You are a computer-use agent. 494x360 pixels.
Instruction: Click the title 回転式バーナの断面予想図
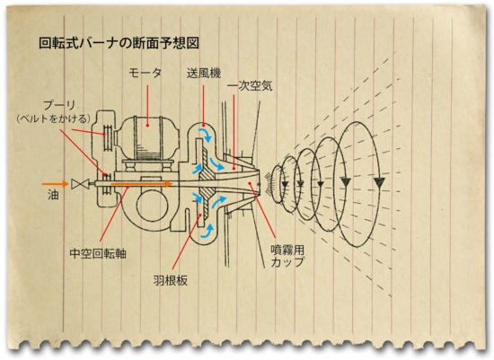pyautogui.click(x=119, y=43)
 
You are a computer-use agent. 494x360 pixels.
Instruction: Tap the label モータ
pyautogui.click(x=145, y=73)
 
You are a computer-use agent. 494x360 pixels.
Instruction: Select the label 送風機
pyautogui.click(x=204, y=74)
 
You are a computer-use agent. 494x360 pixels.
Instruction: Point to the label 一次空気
pyautogui.click(x=250, y=86)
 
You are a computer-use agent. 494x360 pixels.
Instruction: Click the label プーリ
pyautogui.click(x=58, y=105)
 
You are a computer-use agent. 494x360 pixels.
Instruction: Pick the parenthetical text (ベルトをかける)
pyautogui.click(x=54, y=119)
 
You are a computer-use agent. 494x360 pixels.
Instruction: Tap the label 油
pyautogui.click(x=53, y=194)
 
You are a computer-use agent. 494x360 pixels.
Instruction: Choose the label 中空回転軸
pyautogui.click(x=98, y=253)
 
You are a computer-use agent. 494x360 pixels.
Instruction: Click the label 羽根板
pyautogui.click(x=170, y=280)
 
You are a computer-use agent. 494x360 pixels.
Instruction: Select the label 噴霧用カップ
pyautogui.click(x=287, y=256)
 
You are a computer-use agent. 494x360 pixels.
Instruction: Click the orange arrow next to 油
pyautogui.click(x=56, y=184)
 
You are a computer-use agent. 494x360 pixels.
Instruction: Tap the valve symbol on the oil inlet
pyautogui.click(x=78, y=184)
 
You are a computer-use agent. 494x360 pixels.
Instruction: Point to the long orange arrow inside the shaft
pyautogui.click(x=141, y=183)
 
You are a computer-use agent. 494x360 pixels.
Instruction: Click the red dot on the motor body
pyautogui.click(x=147, y=126)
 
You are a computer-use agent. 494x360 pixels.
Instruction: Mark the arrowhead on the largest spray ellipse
pyautogui.click(x=379, y=181)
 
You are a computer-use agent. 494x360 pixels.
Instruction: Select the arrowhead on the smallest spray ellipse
pyautogui.click(x=285, y=184)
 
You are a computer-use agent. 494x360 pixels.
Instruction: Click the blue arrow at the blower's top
pyautogui.click(x=205, y=134)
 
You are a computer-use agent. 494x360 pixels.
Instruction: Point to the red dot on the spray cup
pyautogui.click(x=249, y=182)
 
